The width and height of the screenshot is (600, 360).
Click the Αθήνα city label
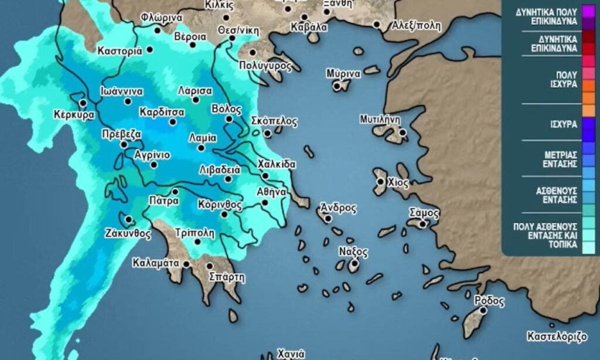pos(271,191)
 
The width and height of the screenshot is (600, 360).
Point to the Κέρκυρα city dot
pos(83,103)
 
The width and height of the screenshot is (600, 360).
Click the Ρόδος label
pos(489,301)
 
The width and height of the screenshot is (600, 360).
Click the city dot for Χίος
pos(381,182)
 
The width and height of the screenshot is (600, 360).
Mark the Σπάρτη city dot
pos(210,266)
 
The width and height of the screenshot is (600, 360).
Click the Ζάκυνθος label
pos(128,233)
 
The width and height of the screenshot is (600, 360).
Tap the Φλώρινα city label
pos(162,18)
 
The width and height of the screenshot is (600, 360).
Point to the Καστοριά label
pos(120,50)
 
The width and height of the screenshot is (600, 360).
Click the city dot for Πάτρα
pos(175,192)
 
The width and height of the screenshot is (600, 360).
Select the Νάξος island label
pos(353,252)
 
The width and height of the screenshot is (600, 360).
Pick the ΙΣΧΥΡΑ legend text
pos(564,124)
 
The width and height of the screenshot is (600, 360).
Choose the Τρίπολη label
pos(193,230)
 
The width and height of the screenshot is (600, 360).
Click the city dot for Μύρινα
pos(337,86)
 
